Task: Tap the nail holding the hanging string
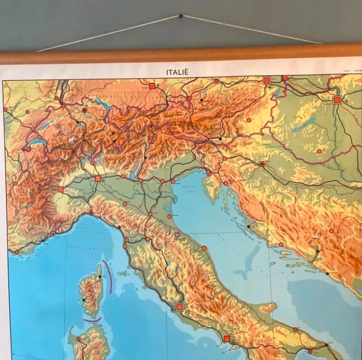(181, 15)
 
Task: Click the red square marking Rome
(180, 307)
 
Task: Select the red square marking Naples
(227, 339)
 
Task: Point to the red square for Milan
(98, 178)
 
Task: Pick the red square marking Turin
(61, 189)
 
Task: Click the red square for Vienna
(266, 81)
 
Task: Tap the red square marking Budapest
(337, 100)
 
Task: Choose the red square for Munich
(152, 86)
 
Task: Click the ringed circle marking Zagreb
(262, 164)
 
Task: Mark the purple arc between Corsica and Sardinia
(92, 320)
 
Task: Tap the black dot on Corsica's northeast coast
(100, 277)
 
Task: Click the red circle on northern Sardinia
(78, 338)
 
